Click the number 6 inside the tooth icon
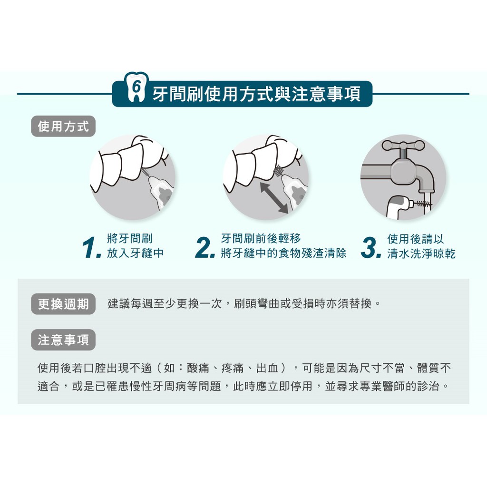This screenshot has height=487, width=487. click(x=136, y=87)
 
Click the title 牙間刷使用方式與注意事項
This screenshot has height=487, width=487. click(x=256, y=94)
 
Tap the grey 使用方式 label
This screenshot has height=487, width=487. click(x=63, y=127)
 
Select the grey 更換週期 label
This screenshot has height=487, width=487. click(x=63, y=304)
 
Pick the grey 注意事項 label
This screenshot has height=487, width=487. click(x=63, y=340)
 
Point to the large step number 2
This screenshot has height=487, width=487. click(x=205, y=247)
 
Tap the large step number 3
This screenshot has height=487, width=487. click(x=371, y=247)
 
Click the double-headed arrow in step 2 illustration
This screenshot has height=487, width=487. click(x=274, y=197)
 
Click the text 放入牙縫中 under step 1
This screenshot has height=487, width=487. click(x=135, y=253)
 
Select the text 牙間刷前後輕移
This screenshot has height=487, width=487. click(x=261, y=239)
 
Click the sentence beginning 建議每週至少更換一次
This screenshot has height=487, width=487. click(x=244, y=303)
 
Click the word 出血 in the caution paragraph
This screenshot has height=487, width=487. click(x=267, y=368)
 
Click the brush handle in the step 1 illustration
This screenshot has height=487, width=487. click(x=161, y=193)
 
